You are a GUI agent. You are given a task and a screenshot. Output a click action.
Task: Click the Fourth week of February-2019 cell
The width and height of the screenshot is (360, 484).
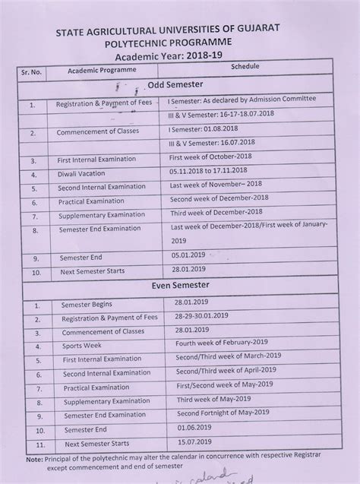point(225,342)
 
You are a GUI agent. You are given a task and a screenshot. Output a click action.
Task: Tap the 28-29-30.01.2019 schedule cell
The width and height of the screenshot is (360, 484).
point(212,315)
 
